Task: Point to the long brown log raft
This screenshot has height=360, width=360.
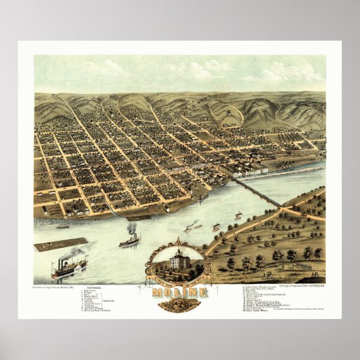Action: pos(60,244)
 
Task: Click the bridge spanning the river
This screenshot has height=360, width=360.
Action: pos(257,192)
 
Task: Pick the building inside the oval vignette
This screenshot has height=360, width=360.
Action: pos(178,259)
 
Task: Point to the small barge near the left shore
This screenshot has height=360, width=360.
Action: pos(62,226)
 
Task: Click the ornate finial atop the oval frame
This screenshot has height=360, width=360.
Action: pos(179,240)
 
